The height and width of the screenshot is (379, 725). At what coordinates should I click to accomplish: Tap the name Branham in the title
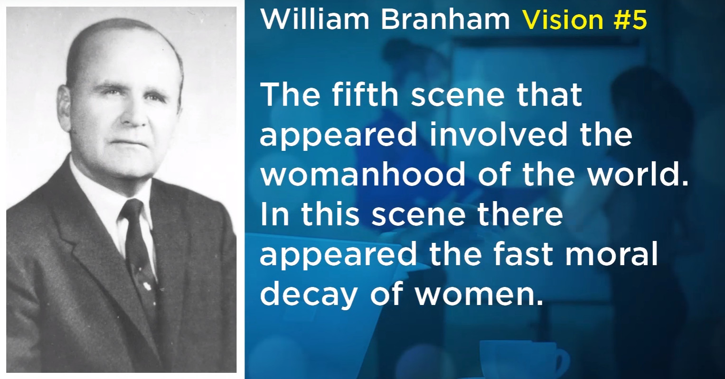click(445, 19)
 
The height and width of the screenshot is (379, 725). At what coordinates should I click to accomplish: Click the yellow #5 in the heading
click(630, 19)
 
